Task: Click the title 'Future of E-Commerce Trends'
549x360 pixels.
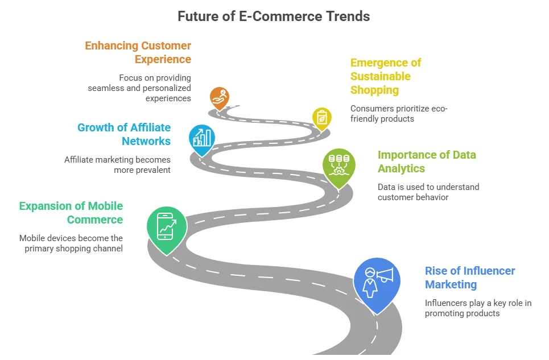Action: [x=274, y=16]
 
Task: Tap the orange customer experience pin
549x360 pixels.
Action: [x=220, y=98]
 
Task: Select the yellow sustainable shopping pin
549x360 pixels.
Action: [x=322, y=119]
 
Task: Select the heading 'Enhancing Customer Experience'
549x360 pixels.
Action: [x=138, y=52]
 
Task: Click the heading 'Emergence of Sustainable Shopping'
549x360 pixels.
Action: [x=386, y=76]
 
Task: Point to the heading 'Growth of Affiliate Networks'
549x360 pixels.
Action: [x=124, y=134]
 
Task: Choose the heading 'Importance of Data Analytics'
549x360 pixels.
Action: [x=427, y=162]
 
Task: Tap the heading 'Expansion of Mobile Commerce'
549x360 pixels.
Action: [x=71, y=213]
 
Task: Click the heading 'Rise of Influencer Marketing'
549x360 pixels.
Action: [x=470, y=278]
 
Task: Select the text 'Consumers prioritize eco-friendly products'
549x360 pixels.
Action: [x=399, y=114]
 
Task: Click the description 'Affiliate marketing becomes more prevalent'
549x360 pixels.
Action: [x=117, y=165]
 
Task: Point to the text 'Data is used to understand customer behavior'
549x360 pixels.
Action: [x=428, y=192]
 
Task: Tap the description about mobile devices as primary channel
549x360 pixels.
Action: [x=71, y=243]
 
